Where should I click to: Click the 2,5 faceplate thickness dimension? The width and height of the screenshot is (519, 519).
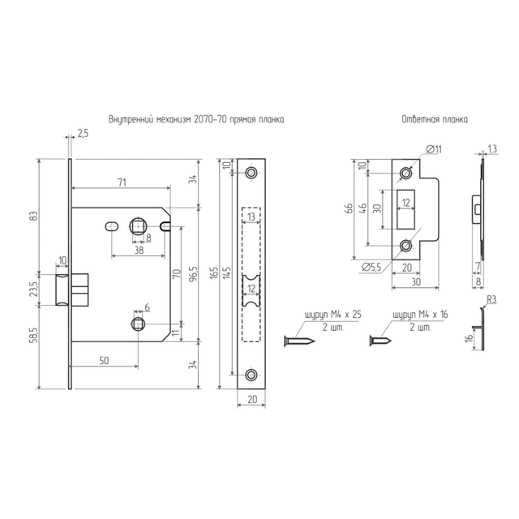coord(83,134)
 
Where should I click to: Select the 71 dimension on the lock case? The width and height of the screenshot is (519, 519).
coord(122,182)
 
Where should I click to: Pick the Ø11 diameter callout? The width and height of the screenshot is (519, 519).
coord(434,149)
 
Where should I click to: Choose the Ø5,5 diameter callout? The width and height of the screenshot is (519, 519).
coord(371,267)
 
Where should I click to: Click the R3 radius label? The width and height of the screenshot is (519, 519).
coord(491,300)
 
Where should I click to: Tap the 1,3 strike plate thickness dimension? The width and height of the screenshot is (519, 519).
coord(492,149)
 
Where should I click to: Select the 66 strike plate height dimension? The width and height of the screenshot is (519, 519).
coord(350,209)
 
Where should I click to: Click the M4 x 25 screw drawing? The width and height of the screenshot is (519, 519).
coord(299,341)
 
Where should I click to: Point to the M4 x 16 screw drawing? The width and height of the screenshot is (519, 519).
coord(380,341)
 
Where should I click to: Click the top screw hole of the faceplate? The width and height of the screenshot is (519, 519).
coord(251,173)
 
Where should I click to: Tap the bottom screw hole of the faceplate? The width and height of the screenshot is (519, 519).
coord(251,375)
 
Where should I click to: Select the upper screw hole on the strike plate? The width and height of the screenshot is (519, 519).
coord(405,173)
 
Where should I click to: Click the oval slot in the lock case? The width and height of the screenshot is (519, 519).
coord(112,227)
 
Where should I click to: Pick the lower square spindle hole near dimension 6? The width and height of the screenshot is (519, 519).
coord(138,324)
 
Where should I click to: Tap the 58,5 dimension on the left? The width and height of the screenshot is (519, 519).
coord(36,335)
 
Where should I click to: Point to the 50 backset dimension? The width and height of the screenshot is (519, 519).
coord(104,360)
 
